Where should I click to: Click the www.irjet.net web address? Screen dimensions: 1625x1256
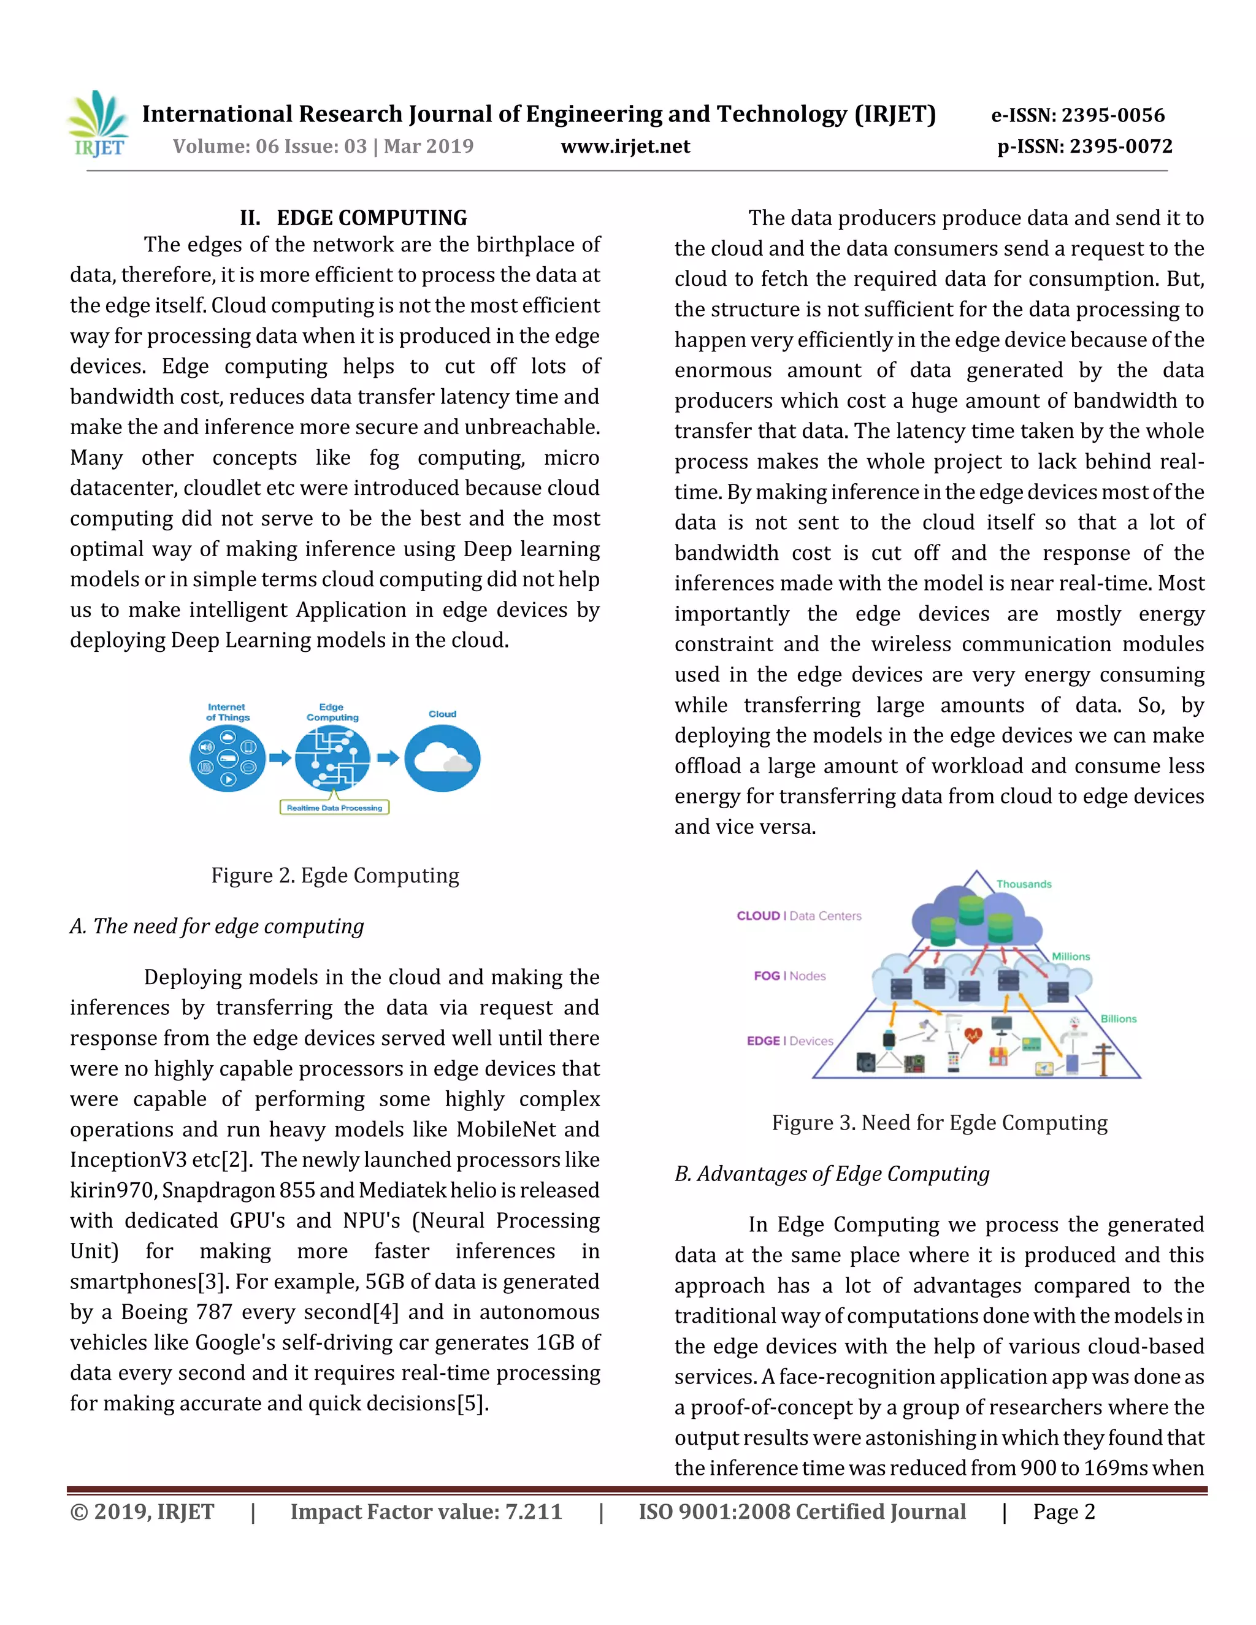(625, 147)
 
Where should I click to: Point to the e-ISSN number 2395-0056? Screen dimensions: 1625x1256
(1078, 115)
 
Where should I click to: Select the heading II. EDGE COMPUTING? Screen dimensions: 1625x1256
(353, 218)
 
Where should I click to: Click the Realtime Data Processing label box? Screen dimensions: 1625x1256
(334, 808)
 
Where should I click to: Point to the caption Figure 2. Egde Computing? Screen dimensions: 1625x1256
(335, 876)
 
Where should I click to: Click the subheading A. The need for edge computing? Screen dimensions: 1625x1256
(217, 927)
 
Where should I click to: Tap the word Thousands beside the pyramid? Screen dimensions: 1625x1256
(1024, 884)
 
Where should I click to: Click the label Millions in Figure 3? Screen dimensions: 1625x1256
(1071, 956)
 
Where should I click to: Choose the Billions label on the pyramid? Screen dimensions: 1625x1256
(1119, 1019)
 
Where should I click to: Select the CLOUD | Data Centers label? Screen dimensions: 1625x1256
(798, 916)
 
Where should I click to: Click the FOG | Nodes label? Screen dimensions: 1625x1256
(789, 976)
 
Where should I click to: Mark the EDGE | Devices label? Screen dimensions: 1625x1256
(789, 1041)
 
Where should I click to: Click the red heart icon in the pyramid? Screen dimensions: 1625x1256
(973, 1034)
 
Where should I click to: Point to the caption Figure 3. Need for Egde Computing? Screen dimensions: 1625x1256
(939, 1123)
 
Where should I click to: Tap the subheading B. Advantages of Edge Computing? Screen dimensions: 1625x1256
(832, 1174)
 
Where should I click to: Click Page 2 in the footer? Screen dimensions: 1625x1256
(1063, 1513)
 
